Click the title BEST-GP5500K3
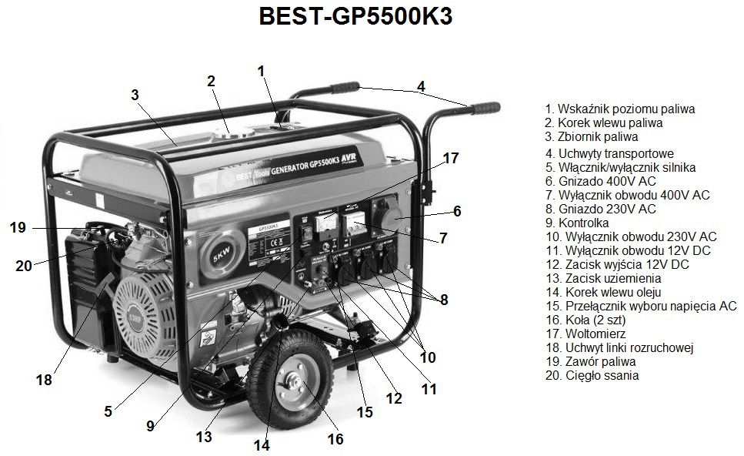(x=356, y=16)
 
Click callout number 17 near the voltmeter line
(x=451, y=158)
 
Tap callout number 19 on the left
(x=18, y=227)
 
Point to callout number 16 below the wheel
(x=335, y=439)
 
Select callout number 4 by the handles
(x=421, y=86)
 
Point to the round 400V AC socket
(x=388, y=217)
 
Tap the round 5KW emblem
(x=222, y=255)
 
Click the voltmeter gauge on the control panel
(x=326, y=226)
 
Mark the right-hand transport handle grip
(x=485, y=108)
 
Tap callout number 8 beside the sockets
(x=444, y=300)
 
